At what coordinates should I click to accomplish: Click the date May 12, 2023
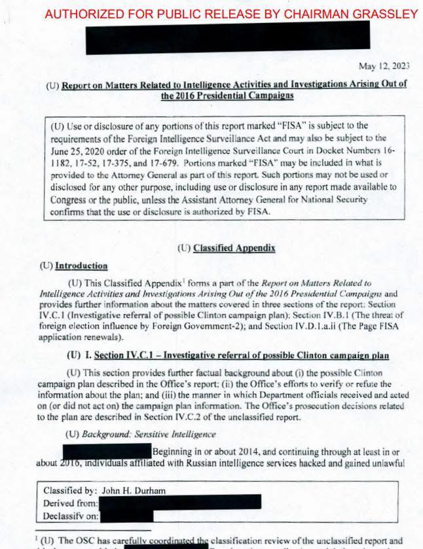[384, 65]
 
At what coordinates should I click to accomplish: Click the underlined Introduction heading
[81, 266]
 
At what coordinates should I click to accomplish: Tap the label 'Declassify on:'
[71, 516]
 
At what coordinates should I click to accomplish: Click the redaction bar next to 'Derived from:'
[180, 503]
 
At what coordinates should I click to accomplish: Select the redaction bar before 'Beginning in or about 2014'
[107, 451]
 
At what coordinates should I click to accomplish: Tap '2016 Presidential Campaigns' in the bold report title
[227, 96]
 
